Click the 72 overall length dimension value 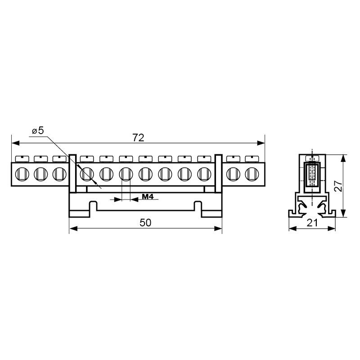(138, 138)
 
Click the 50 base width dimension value (145, 223)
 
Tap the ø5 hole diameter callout (38, 130)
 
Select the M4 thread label (148, 197)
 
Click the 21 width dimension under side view (312, 223)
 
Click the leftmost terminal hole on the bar (22, 174)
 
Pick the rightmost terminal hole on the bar (252, 174)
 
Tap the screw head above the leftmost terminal (22, 159)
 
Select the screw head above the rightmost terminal (252, 159)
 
